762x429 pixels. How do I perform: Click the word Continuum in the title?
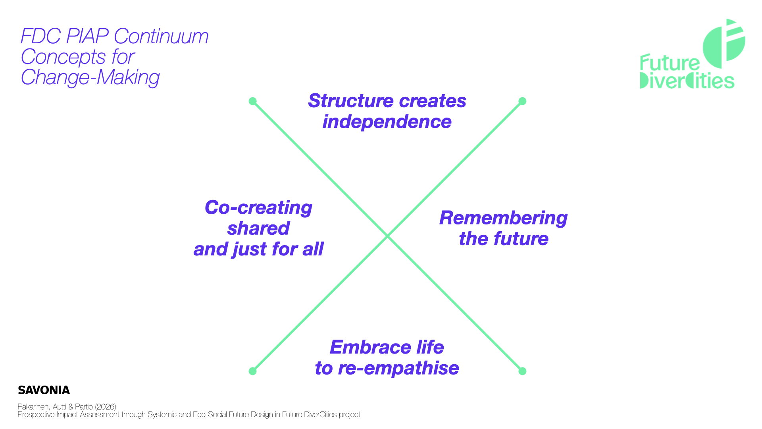click(x=161, y=37)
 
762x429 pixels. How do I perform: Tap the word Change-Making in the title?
click(x=90, y=77)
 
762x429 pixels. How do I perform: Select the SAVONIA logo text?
click(x=44, y=390)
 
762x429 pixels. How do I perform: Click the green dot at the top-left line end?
click(x=252, y=101)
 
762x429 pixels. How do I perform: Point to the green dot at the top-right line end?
click(x=522, y=101)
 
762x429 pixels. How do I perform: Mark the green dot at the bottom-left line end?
click(x=252, y=371)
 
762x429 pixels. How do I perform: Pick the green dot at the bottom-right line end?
click(x=522, y=371)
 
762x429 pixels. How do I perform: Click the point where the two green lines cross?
click(x=387, y=236)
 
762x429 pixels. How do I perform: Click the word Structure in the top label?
click(x=351, y=101)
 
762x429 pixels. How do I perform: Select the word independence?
click(x=387, y=122)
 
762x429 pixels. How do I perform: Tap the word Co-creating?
click(x=258, y=208)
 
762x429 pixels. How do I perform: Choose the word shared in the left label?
click(x=258, y=228)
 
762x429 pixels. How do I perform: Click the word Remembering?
click(x=503, y=218)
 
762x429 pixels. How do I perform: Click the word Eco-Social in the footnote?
click(x=210, y=415)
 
